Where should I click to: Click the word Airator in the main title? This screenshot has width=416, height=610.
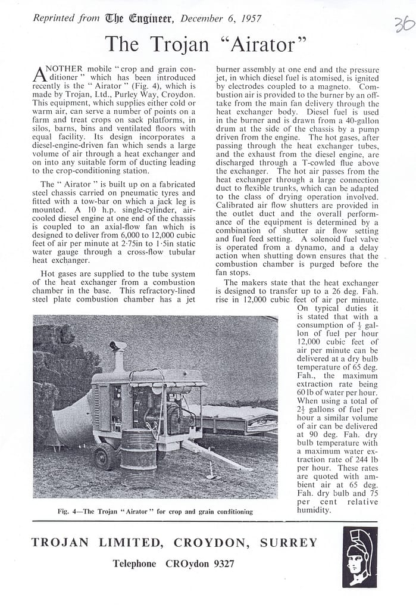click(262, 44)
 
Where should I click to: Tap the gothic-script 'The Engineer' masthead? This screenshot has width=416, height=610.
click(139, 18)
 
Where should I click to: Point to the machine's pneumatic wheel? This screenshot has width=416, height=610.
click(105, 456)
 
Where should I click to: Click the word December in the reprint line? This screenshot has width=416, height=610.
click(202, 18)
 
